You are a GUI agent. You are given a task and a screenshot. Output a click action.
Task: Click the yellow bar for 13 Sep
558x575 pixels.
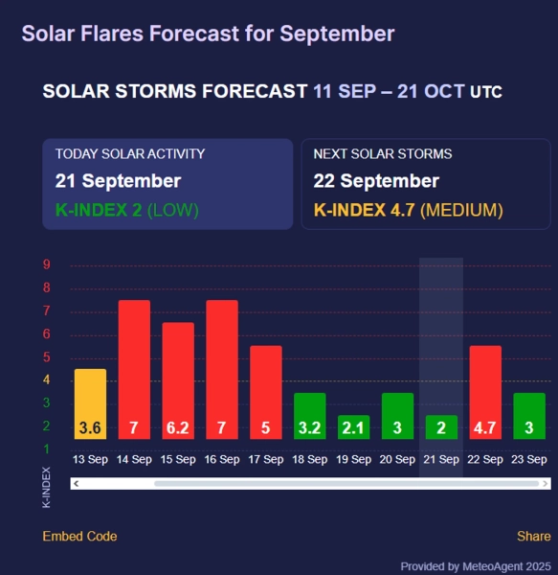[90, 403]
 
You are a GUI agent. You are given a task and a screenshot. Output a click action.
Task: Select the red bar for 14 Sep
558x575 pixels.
[134, 369]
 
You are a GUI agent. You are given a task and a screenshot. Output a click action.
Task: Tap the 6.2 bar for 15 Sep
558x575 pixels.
[178, 380]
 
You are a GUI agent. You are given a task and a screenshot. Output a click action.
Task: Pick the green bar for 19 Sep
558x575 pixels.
[354, 426]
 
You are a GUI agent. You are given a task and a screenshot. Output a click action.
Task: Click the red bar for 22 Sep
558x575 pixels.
[485, 392]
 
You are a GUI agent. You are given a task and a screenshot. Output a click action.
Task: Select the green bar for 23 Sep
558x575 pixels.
[529, 416]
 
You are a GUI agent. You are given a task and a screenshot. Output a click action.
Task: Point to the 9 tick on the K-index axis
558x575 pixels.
[47, 264]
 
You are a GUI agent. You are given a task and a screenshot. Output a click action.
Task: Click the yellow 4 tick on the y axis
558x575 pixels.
[47, 379]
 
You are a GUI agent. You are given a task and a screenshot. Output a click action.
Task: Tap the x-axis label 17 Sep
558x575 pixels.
[266, 459]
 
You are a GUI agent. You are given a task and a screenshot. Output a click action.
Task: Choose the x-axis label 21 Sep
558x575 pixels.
[441, 459]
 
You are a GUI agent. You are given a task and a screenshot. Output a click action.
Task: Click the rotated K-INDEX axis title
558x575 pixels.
[47, 488]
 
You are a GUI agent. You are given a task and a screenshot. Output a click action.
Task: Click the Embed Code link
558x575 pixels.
[79, 536]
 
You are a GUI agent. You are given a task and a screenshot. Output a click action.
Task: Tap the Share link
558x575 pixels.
[534, 536]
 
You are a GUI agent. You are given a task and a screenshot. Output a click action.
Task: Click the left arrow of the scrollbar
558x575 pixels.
[77, 484]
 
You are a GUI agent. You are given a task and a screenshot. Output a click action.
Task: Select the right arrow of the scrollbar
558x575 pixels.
[546, 484]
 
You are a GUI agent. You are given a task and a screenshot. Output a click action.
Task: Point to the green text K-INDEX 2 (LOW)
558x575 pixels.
[127, 210]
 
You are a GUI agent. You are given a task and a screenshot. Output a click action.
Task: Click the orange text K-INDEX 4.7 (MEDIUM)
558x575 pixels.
[409, 210]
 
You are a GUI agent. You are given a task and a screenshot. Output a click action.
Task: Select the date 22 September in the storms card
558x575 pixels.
[376, 181]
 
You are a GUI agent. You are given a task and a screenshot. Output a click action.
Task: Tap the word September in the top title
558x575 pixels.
[337, 34]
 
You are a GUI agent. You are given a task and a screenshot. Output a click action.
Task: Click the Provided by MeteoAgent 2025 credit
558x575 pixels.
[476, 566]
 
